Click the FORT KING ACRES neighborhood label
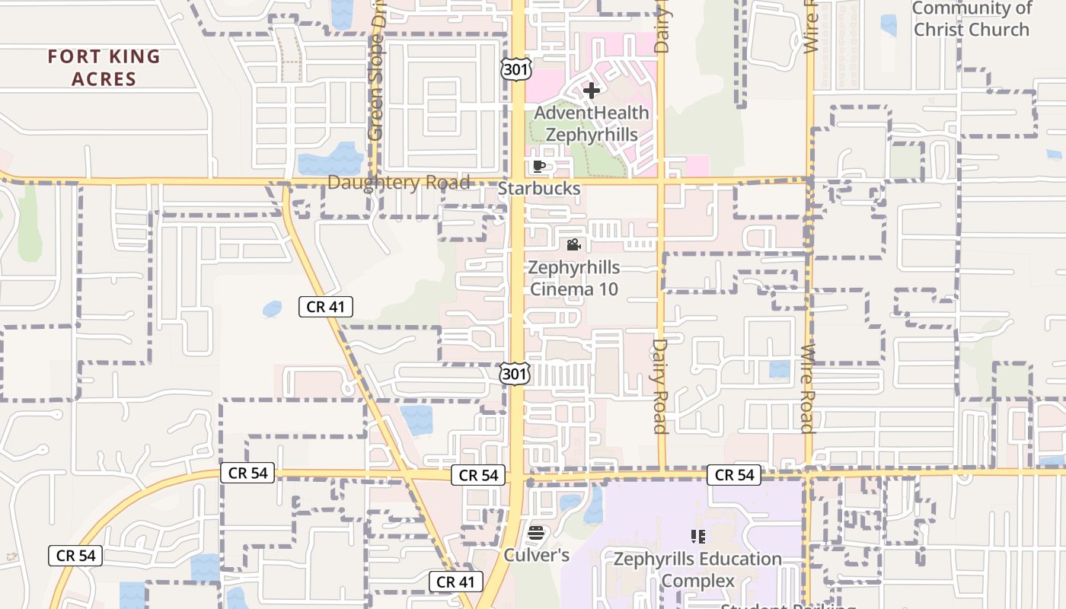click(x=104, y=68)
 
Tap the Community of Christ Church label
click(x=971, y=19)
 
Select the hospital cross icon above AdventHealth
click(x=591, y=91)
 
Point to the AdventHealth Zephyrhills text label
click(x=592, y=124)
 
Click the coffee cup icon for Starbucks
click(x=539, y=167)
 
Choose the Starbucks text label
click(x=539, y=188)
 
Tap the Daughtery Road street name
click(x=398, y=183)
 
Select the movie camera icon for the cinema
click(x=574, y=245)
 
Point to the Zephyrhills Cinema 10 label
click(x=574, y=279)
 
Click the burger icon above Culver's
click(x=536, y=533)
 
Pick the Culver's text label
click(x=536, y=555)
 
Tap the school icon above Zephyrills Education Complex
click(x=697, y=537)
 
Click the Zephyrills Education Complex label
click(x=697, y=569)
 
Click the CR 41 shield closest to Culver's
click(x=456, y=582)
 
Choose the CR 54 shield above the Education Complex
click(x=735, y=475)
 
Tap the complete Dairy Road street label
click(x=659, y=387)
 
